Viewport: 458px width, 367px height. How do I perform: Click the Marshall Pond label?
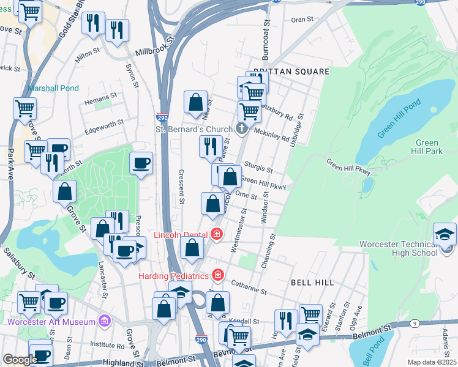(x=53, y=88)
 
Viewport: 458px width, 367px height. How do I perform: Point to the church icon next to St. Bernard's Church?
(x=242, y=128)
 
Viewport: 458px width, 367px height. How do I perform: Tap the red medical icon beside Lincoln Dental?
(x=216, y=233)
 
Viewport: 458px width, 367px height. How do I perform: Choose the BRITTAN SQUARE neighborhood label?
(x=291, y=72)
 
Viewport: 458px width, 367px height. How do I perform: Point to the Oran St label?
(x=302, y=20)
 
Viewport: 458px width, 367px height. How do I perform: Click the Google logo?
(x=20, y=360)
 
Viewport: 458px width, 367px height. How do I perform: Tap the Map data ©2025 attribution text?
(x=432, y=362)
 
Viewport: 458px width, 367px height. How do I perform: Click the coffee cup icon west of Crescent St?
(x=141, y=163)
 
